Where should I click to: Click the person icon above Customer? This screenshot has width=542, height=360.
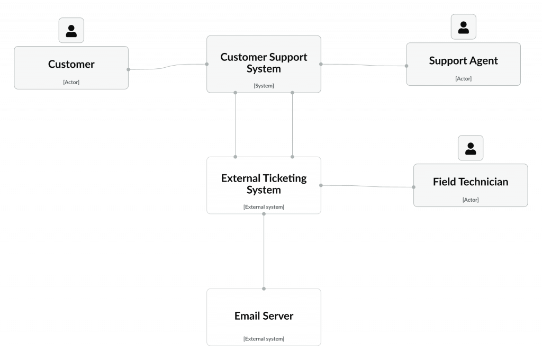[71, 30]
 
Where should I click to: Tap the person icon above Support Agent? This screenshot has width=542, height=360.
[464, 27]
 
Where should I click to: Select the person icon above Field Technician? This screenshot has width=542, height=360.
[471, 148]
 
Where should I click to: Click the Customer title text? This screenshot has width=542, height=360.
[71, 64]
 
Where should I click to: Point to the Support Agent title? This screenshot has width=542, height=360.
[463, 60]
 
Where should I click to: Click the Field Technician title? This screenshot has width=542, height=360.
[471, 182]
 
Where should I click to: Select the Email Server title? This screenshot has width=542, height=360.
[264, 316]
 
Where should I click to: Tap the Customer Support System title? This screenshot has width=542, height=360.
[264, 62]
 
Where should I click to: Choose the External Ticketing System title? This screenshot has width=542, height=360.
[264, 184]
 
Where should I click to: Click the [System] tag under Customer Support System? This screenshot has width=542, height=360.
[264, 86]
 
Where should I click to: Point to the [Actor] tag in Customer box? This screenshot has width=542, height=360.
[71, 82]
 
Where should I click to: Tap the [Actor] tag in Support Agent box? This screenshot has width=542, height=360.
[463, 79]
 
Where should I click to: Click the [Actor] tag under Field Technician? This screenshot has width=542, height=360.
[471, 200]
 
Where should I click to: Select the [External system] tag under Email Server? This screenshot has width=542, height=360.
[264, 339]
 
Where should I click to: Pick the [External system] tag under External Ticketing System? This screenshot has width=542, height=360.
[264, 207]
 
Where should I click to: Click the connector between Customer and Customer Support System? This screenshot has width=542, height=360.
[168, 66]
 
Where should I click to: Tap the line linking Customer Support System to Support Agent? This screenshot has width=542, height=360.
[364, 65]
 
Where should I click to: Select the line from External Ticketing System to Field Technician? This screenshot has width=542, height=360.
[367, 186]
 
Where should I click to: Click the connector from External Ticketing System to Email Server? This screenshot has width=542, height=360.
[264, 251]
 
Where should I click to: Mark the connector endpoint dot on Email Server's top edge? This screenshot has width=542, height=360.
[264, 289]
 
